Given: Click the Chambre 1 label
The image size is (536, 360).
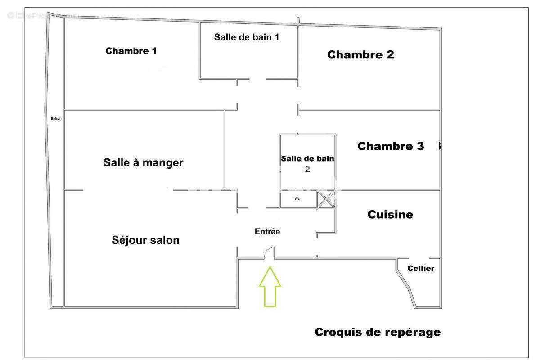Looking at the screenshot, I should click(131, 51).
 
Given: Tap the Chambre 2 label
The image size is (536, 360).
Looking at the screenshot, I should click(360, 55).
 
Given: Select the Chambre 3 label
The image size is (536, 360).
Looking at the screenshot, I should click(390, 146).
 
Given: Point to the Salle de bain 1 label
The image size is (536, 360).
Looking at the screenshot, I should click(247, 37).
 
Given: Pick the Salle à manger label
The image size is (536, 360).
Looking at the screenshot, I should click(143, 162).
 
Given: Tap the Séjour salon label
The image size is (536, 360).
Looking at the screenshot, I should click(145, 240).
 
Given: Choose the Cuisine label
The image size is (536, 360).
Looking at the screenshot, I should click(390, 215).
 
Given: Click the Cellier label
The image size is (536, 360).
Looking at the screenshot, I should click(421, 269).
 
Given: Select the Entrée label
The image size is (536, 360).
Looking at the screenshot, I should click(267, 232).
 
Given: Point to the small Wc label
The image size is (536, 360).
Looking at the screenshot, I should click(297, 198).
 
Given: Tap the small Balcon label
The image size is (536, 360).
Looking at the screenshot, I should click(56, 119).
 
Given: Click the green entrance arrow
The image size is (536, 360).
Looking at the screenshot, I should click(270, 287).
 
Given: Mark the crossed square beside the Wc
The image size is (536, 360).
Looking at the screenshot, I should click(326, 199).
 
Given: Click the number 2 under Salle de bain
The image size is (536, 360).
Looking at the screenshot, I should click(307, 169).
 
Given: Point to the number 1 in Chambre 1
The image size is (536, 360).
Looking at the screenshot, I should click(154, 51).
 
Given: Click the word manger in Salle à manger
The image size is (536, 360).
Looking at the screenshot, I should click(163, 163).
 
